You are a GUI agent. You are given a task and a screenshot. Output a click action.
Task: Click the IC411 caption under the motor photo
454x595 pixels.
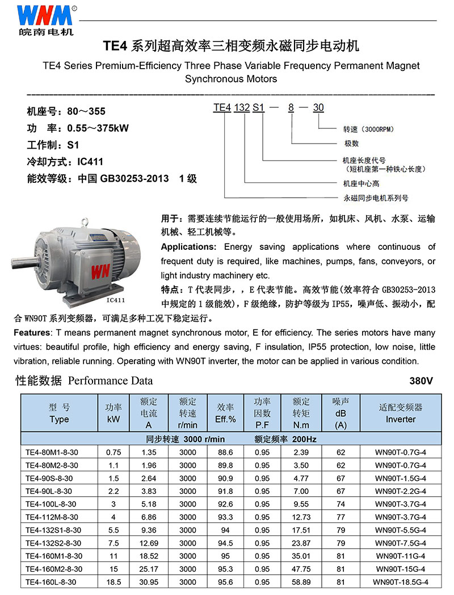(x=115, y=300)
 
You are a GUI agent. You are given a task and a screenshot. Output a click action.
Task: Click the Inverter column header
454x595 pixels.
(x=401, y=413)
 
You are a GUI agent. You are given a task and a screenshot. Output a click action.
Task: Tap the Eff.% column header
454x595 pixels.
(x=225, y=413)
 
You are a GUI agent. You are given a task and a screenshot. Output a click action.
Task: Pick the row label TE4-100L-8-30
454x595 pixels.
(x=51, y=504)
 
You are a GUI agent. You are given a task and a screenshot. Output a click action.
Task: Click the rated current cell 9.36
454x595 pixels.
(x=148, y=530)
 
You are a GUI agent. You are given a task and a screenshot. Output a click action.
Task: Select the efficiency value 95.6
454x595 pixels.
(x=225, y=582)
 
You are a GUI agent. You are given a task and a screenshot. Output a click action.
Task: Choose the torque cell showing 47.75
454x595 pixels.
(x=301, y=569)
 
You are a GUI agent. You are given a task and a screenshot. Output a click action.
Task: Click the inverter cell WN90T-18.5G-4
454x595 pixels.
(x=401, y=582)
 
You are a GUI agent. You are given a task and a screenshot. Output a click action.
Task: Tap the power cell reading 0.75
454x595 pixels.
(x=113, y=452)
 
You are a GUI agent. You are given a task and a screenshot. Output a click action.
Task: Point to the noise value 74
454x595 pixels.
(x=340, y=504)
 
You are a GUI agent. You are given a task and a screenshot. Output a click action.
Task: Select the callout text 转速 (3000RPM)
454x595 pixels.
(x=370, y=129)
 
